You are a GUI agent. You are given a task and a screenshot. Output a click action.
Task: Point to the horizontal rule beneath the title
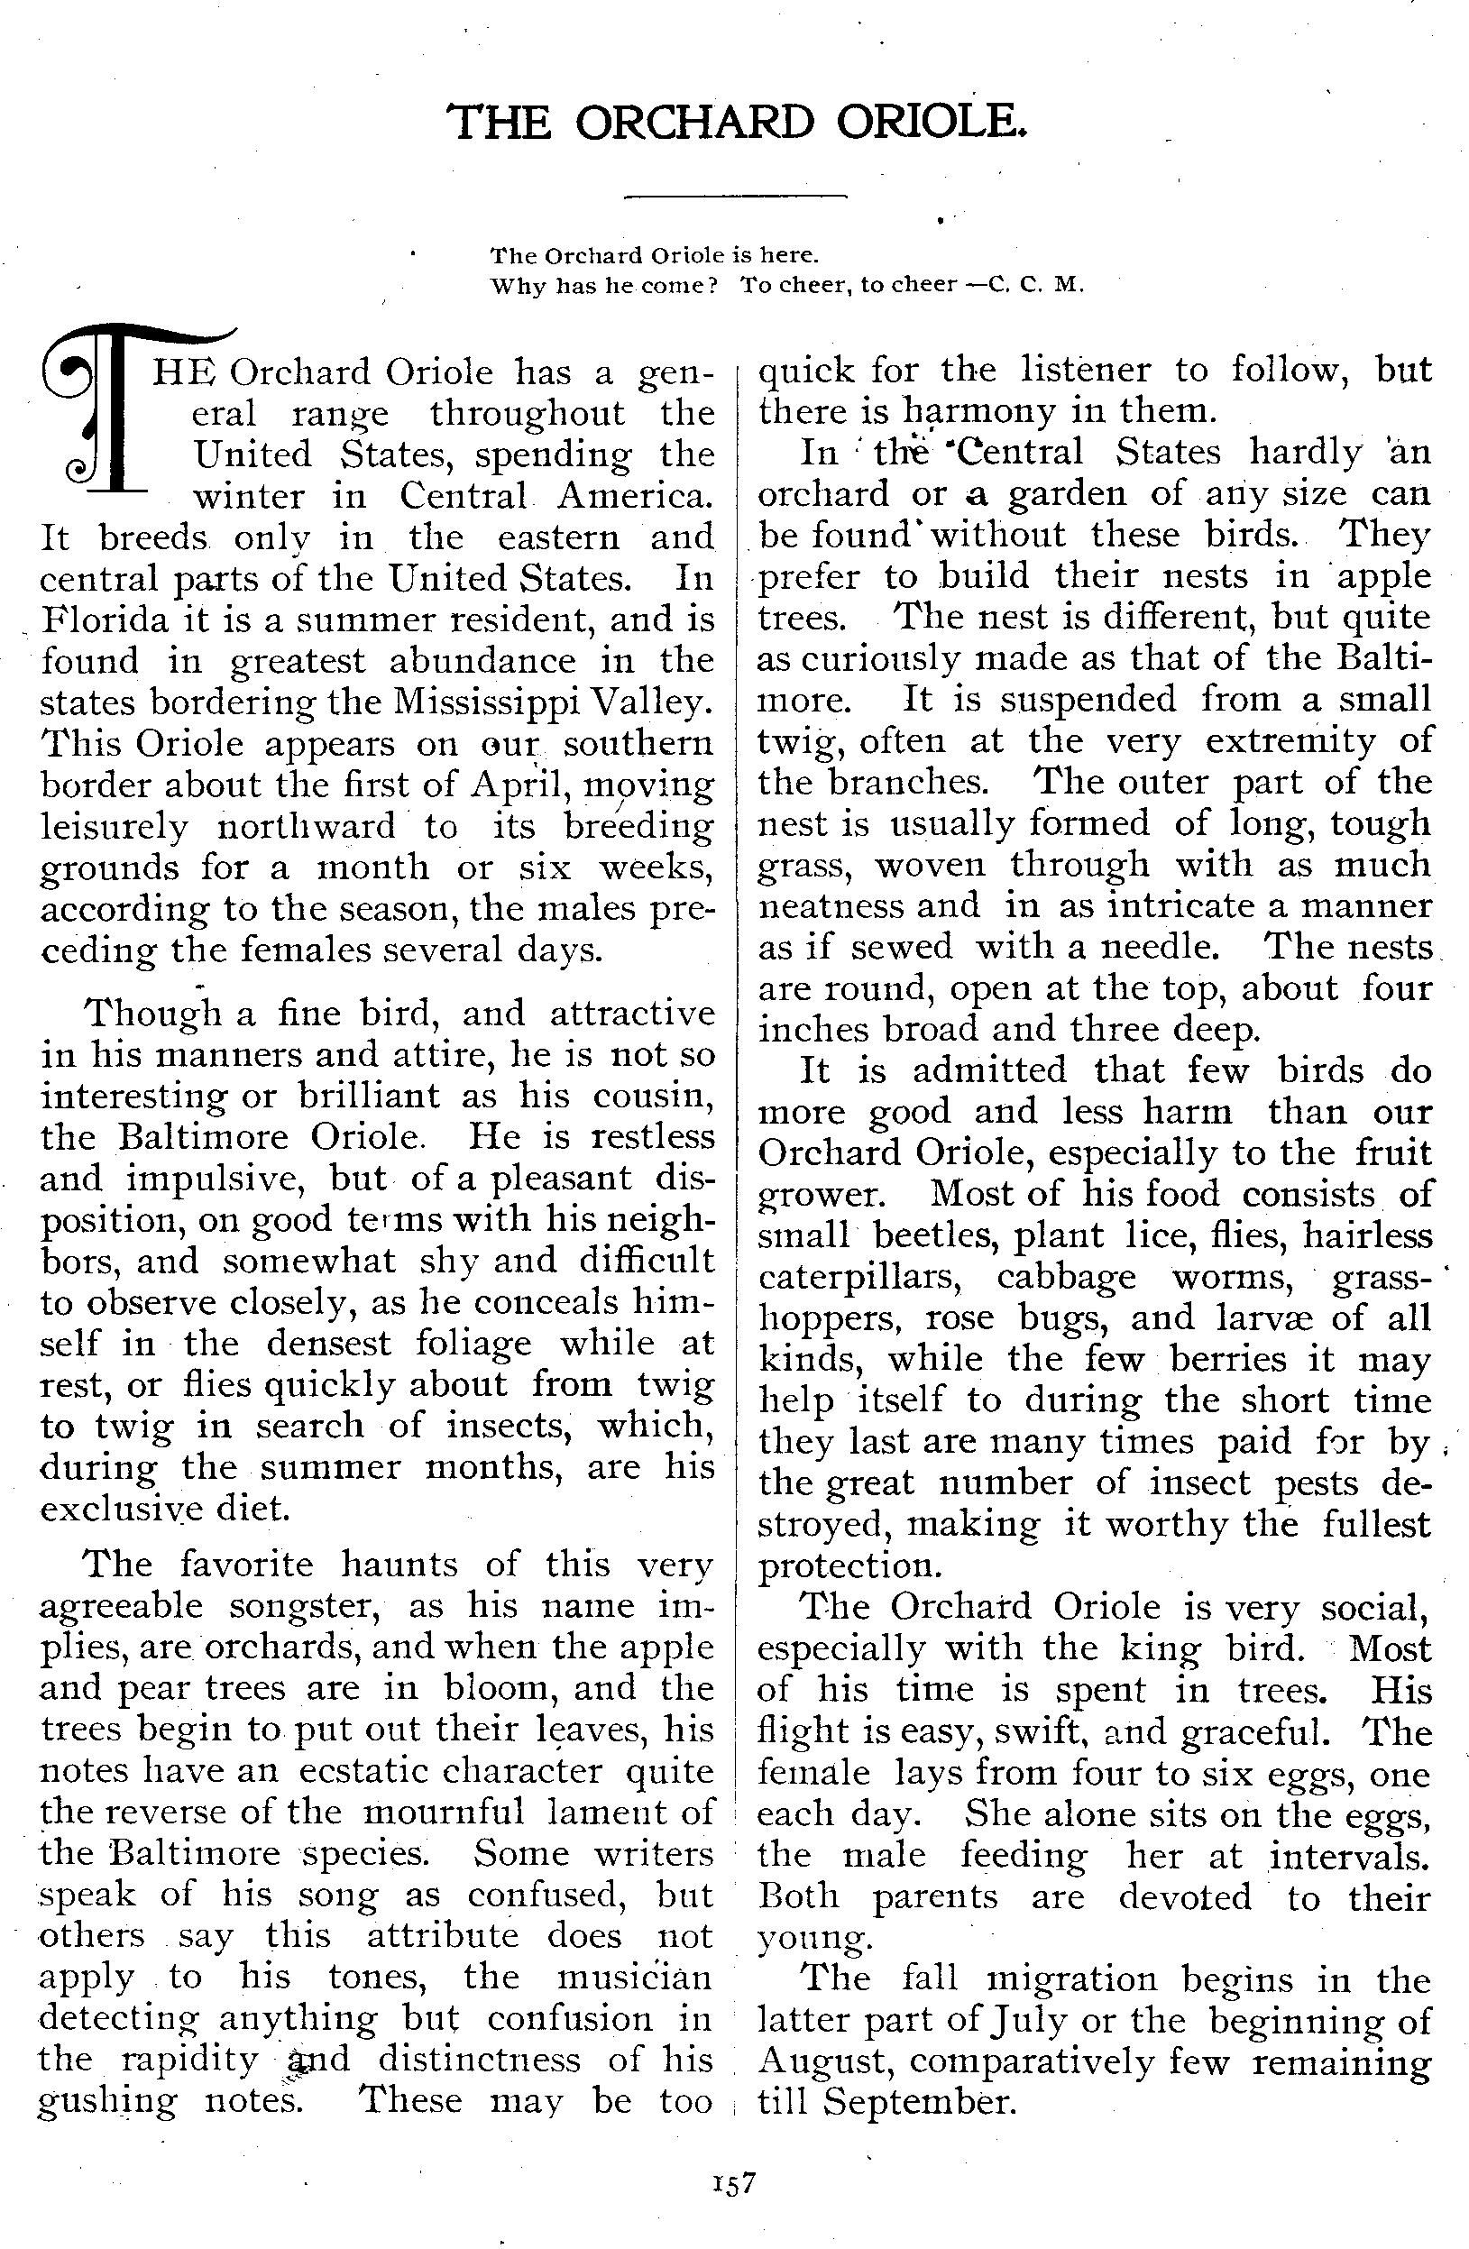[736, 197]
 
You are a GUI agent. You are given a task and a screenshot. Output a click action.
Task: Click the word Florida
[105, 620]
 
